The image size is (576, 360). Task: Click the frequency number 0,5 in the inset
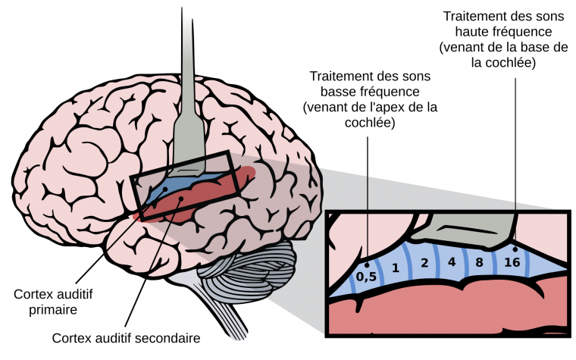pyautogui.click(x=367, y=276)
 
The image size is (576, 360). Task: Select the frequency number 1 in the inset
pyautogui.click(x=395, y=268)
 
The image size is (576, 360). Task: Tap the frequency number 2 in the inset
pyautogui.click(x=424, y=264)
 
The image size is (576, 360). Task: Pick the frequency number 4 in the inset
pyautogui.click(x=452, y=262)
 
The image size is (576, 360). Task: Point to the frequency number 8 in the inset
pyautogui.click(x=479, y=263)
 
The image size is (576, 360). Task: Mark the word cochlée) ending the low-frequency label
pyautogui.click(x=371, y=122)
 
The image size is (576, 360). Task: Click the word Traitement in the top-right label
pyautogui.click(x=474, y=16)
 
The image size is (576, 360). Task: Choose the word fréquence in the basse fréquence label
pyautogui.click(x=394, y=92)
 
